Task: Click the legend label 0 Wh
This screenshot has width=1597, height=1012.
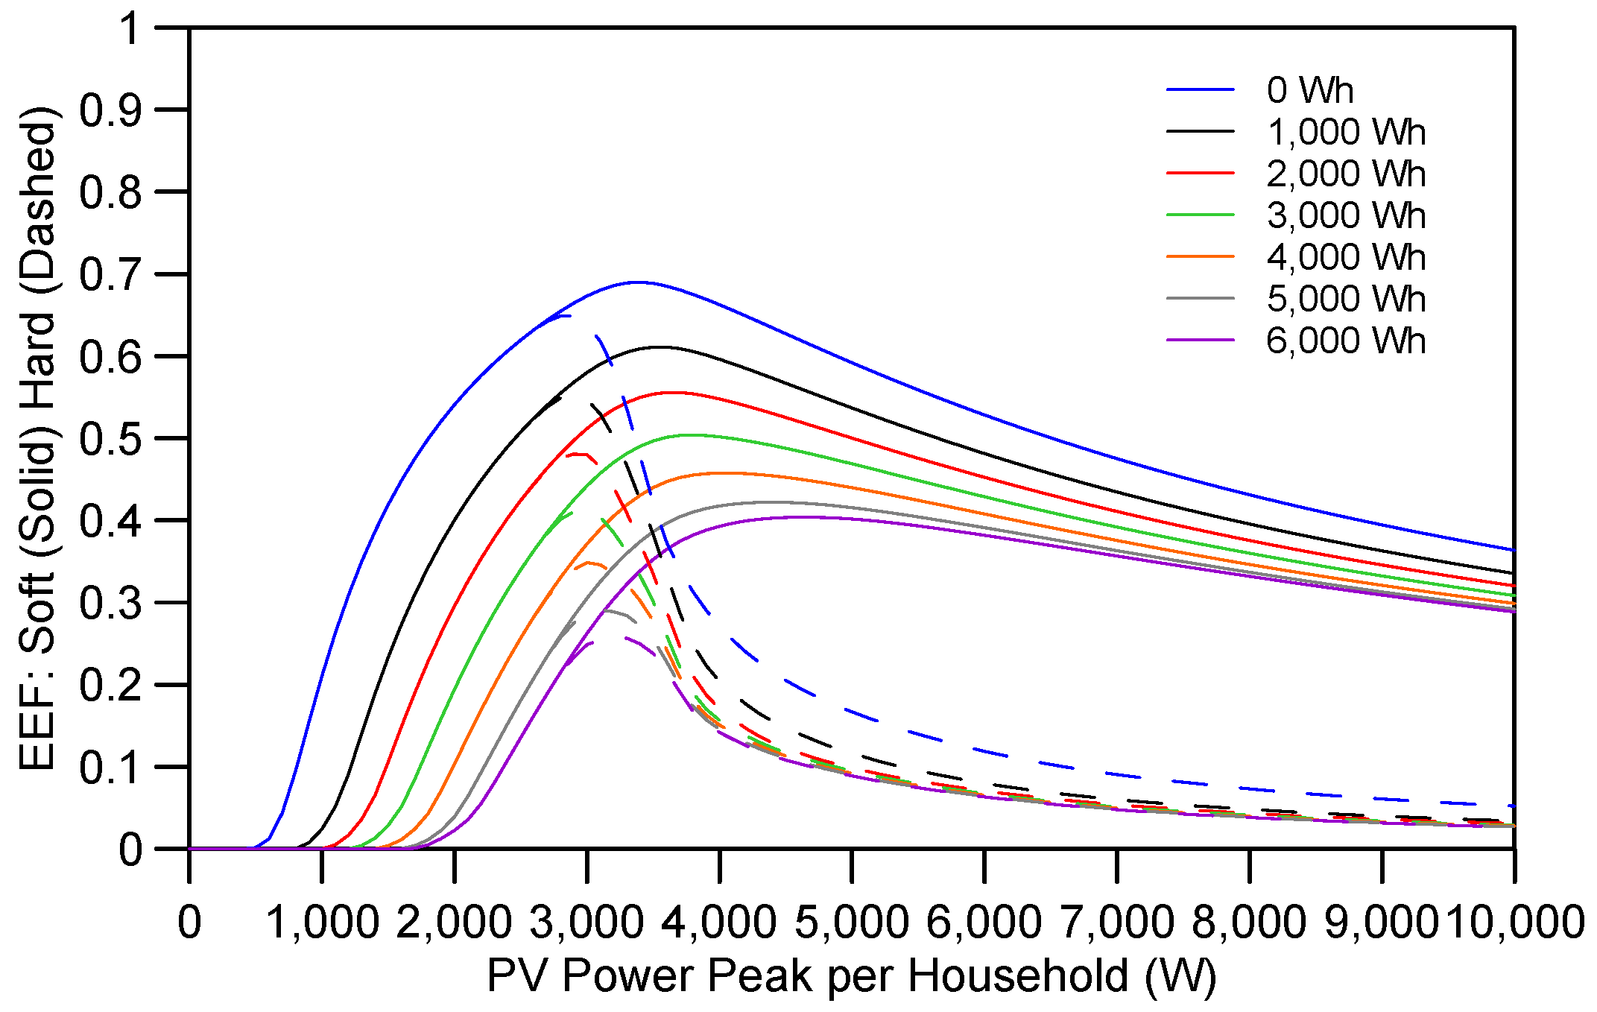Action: [1309, 90]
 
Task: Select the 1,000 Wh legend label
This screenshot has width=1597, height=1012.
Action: [1346, 132]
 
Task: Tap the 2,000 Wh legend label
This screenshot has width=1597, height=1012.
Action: [1346, 174]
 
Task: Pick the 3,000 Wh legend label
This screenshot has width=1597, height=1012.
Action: [1346, 215]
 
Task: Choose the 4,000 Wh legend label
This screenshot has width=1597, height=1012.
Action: [1346, 257]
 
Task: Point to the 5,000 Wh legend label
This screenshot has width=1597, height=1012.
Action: [1346, 299]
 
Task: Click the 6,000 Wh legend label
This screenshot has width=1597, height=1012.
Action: [1346, 341]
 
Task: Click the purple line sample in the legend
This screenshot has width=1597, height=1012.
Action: [1200, 341]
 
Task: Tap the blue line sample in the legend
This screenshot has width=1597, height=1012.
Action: [1200, 90]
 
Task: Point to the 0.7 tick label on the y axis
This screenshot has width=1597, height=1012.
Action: [110, 274]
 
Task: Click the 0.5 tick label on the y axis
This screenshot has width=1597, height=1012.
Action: [110, 438]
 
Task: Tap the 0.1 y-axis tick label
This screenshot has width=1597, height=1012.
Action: [110, 767]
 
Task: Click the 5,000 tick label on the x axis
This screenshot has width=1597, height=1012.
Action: [852, 922]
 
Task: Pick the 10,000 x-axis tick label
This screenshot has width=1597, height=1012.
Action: [1516, 922]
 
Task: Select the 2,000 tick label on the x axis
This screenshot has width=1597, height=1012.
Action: [454, 922]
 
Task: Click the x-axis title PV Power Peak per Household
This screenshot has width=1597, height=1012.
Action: [851, 975]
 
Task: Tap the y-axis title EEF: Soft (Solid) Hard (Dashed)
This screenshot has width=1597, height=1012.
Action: [37, 438]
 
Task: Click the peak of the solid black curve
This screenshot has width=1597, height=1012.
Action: [660, 347]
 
